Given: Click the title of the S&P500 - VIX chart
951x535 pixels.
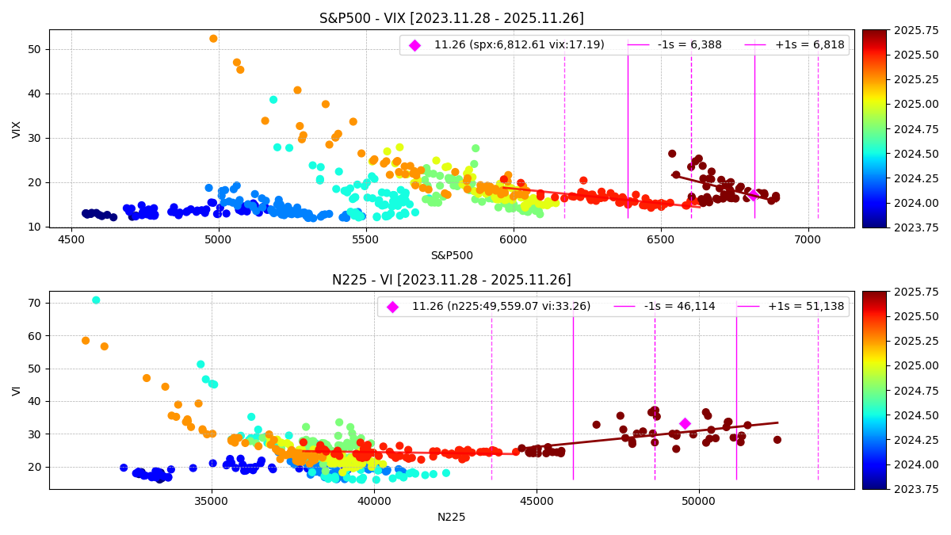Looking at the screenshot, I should [x=451, y=18].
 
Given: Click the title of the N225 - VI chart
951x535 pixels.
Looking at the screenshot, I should [x=451, y=280].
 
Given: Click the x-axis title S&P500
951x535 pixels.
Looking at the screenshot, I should [x=451, y=255].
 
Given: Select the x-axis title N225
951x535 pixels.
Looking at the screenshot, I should [x=451, y=517].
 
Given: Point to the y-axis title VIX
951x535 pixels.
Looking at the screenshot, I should [x=17, y=129].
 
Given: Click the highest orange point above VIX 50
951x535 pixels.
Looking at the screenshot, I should [x=213, y=39].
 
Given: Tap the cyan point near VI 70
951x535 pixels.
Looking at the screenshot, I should [x=96, y=300].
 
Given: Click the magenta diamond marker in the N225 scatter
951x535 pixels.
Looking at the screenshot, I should [x=685, y=424].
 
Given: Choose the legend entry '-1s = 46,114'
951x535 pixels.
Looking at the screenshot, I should [x=683, y=307].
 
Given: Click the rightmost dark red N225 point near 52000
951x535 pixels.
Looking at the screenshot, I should [x=777, y=440].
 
